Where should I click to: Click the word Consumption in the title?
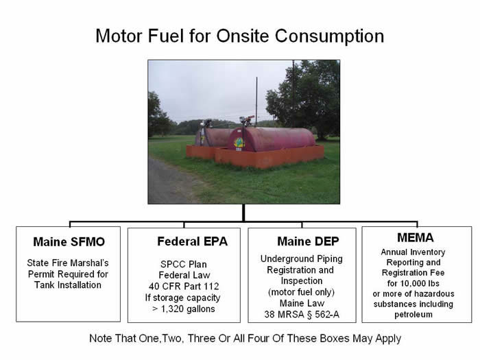(329, 36)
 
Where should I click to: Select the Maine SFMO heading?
(68, 242)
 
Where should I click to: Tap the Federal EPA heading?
(183, 241)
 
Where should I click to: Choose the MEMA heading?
(416, 238)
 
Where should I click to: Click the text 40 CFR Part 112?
(183, 287)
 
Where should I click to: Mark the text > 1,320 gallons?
(183, 309)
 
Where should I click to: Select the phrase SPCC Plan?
(183, 264)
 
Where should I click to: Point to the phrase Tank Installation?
(68, 285)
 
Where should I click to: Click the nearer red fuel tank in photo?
(274, 139)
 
